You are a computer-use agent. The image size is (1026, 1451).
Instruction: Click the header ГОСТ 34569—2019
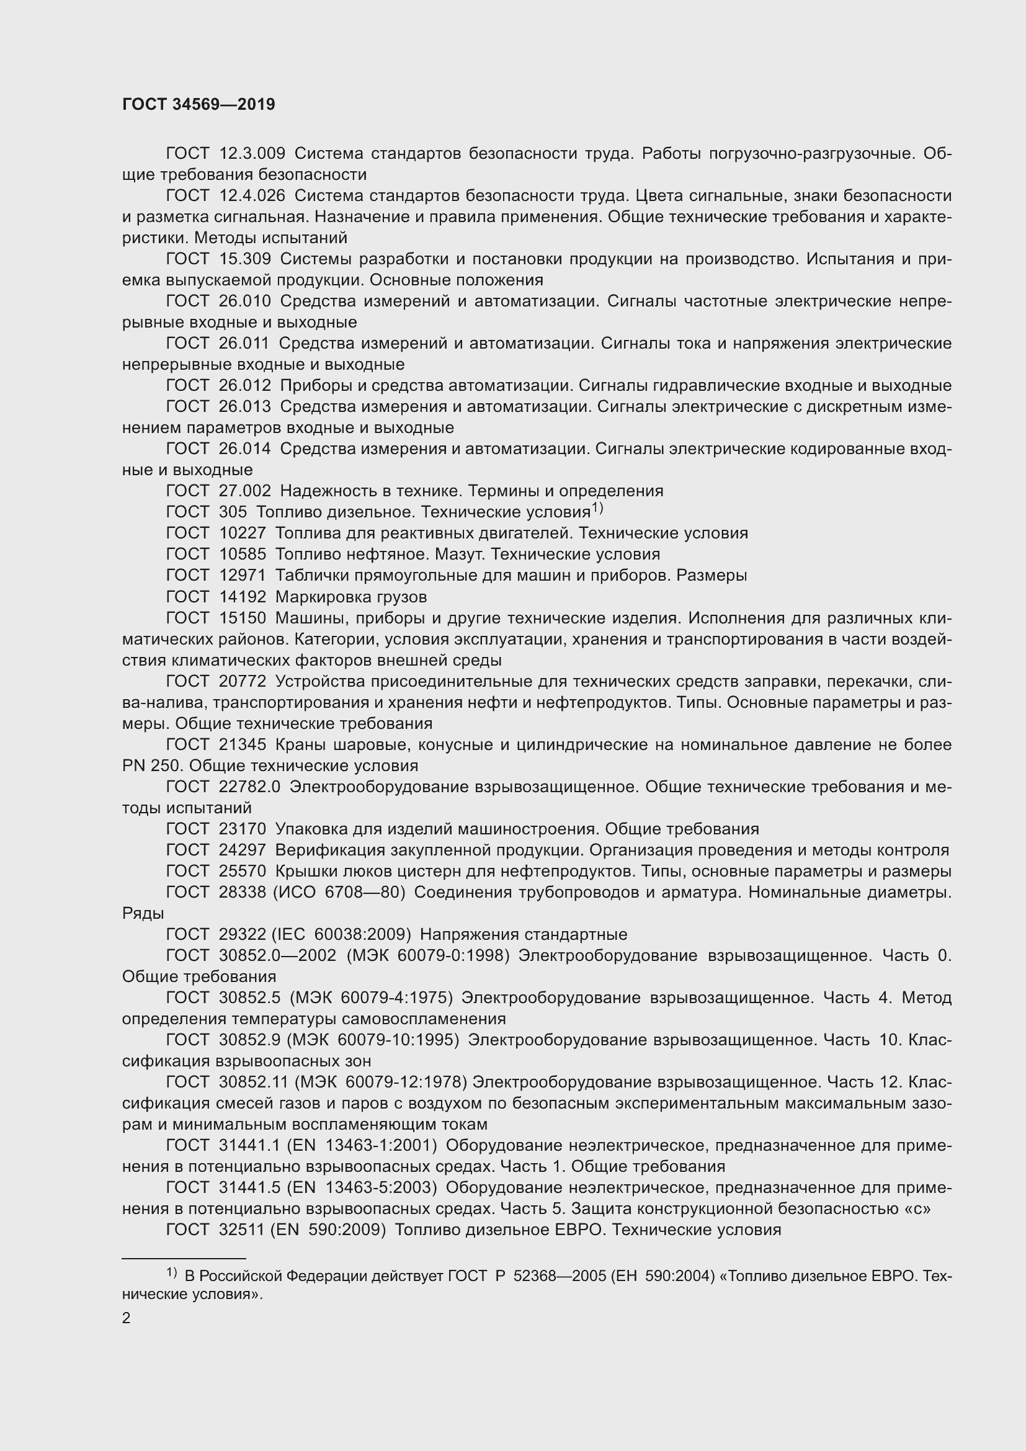tap(199, 105)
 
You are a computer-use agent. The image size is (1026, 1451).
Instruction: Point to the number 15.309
tap(244, 259)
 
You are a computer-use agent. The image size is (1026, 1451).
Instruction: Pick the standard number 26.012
tap(244, 385)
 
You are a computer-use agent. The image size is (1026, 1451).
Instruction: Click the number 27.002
tap(244, 491)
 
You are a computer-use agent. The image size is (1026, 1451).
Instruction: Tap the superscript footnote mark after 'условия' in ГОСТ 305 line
tap(597, 508)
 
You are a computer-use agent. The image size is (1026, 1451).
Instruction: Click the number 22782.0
tap(249, 787)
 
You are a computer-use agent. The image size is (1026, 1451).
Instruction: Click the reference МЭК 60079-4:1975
tap(372, 998)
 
